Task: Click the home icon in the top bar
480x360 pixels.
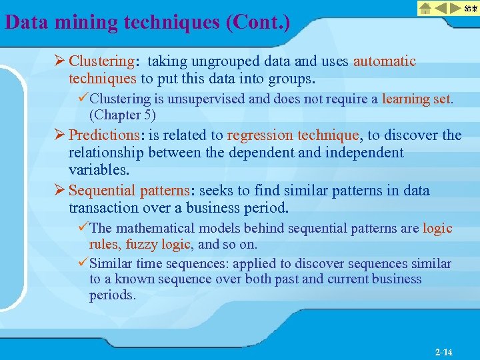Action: [425, 8]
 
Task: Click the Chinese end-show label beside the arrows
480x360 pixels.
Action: [471, 8]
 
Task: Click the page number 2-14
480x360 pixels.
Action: [443, 351]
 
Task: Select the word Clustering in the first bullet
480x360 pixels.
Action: [102, 62]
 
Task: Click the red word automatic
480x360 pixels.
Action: [385, 62]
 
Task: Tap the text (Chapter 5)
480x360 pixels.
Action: [122, 114]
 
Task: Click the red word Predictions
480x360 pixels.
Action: [104, 135]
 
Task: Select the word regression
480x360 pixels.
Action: [259, 135]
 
